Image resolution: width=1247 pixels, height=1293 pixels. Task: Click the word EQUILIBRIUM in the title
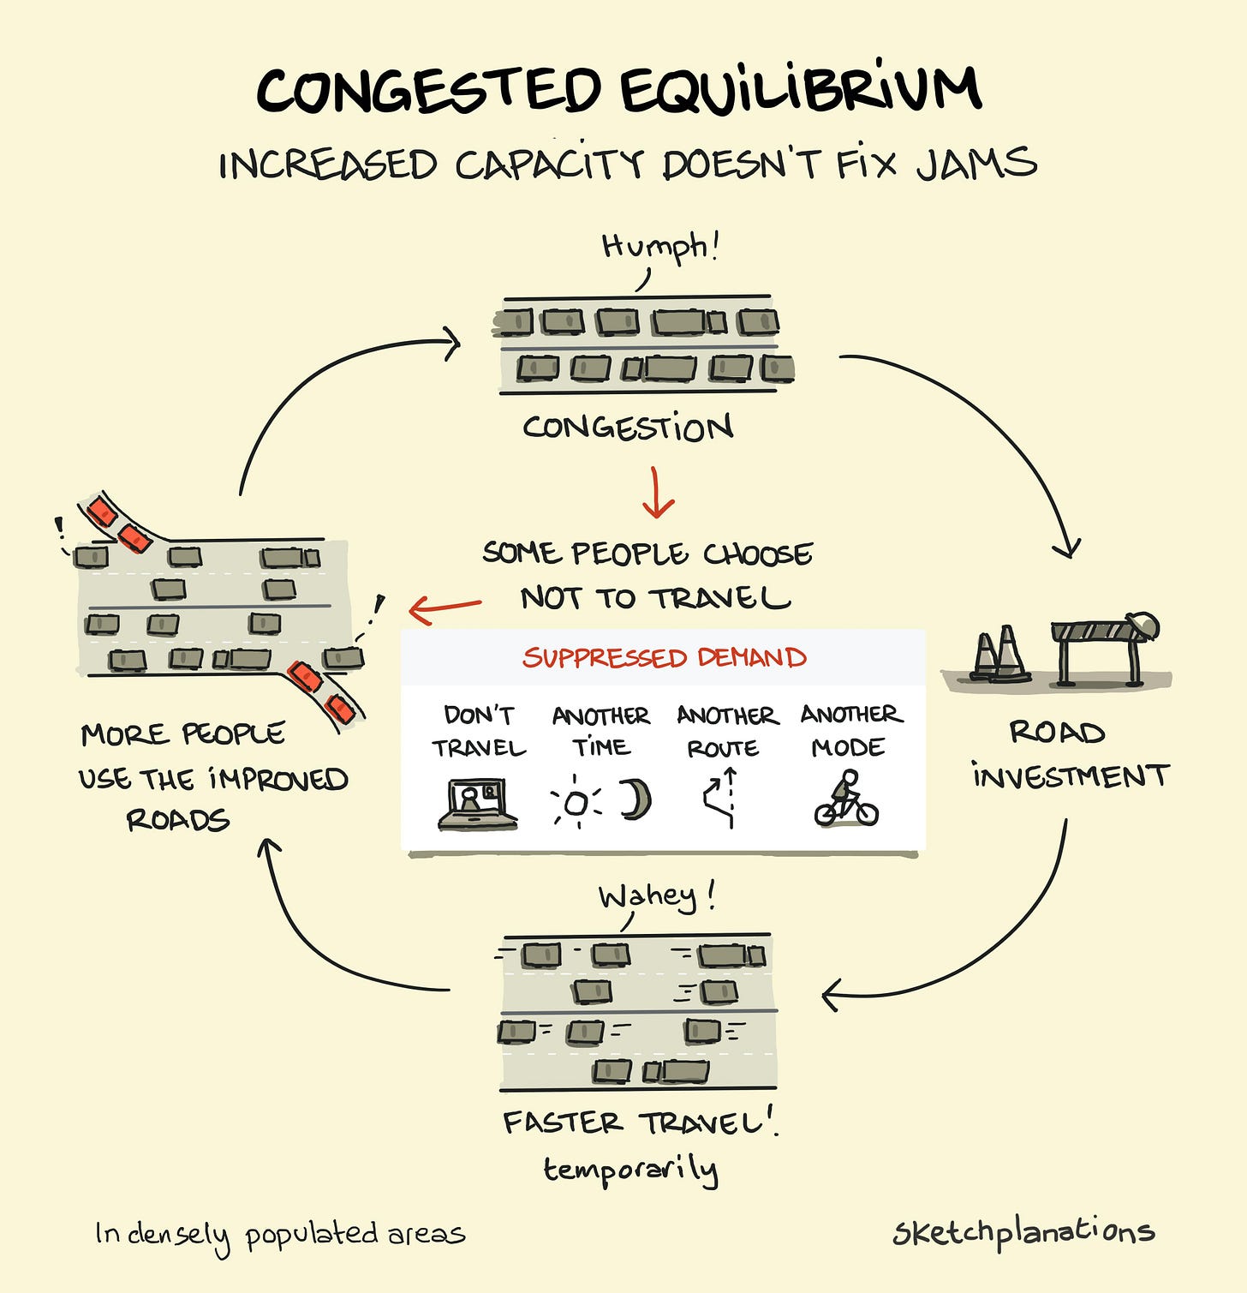click(x=800, y=89)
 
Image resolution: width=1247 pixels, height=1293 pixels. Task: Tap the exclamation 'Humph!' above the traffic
click(x=659, y=247)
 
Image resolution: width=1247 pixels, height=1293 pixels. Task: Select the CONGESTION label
click(x=628, y=427)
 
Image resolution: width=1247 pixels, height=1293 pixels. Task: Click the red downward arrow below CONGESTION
click(x=657, y=494)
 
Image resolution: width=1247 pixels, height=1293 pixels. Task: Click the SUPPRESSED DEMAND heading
click(x=665, y=658)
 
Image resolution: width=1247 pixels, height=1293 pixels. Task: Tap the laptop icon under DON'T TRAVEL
click(x=477, y=805)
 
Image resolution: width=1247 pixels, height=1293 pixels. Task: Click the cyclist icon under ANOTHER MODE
click(x=846, y=799)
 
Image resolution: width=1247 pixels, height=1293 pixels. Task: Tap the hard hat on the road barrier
click(x=1143, y=625)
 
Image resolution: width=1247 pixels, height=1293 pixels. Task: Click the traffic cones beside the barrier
click(x=998, y=655)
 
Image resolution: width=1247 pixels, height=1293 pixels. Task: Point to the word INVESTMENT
click(x=1070, y=777)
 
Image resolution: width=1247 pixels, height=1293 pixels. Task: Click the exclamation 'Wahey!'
click(x=656, y=897)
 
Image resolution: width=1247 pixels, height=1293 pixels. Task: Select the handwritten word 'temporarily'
click(x=630, y=1170)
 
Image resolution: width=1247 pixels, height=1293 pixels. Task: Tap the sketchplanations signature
click(x=1023, y=1233)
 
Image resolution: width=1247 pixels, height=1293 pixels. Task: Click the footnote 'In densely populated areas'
click(x=280, y=1235)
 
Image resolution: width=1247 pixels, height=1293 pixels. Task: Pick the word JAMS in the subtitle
click(x=977, y=163)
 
